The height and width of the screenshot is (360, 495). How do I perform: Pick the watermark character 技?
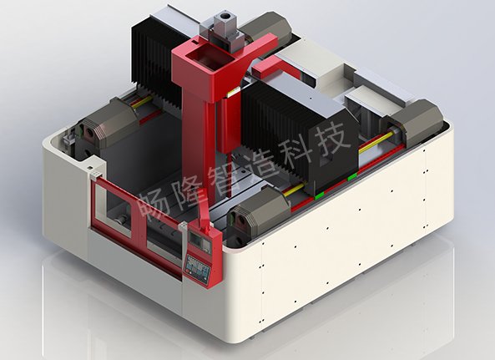(332, 137)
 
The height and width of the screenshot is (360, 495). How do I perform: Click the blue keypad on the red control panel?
(197, 267)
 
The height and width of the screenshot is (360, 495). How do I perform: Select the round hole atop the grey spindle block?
(225, 16)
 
